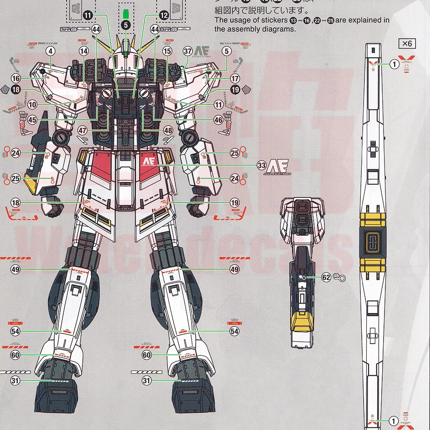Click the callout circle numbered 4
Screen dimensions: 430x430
point(50,51)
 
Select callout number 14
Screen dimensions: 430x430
point(84,51)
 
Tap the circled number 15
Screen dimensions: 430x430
point(167,51)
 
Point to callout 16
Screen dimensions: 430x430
point(16,78)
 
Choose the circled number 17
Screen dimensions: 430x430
point(235,78)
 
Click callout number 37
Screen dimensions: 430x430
point(187,51)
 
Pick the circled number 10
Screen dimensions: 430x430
point(31,104)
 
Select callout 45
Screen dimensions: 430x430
point(31,120)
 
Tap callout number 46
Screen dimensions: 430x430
point(218,120)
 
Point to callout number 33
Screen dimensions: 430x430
point(261,165)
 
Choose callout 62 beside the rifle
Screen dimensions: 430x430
point(326,277)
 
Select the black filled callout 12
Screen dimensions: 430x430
point(164,15)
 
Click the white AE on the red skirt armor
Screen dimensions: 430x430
point(148,162)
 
